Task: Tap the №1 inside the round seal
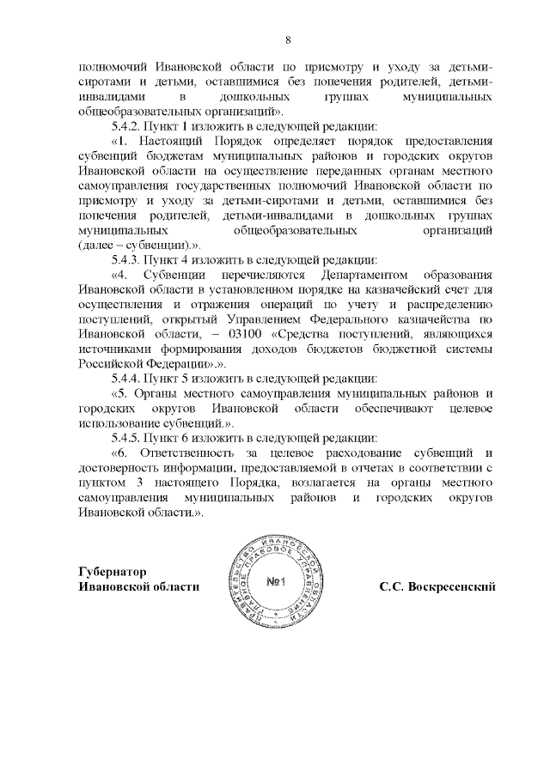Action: (276, 583)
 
